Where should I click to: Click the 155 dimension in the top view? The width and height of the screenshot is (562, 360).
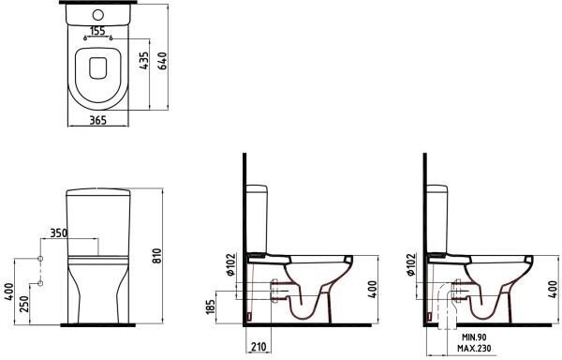(97, 31)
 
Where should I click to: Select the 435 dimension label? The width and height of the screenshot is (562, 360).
(143, 61)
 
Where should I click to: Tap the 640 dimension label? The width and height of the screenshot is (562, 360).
(162, 61)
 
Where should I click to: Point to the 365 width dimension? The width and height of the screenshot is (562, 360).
(97, 120)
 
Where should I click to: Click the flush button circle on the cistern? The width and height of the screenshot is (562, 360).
(97, 15)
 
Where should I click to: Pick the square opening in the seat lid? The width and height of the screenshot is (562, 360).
(97, 68)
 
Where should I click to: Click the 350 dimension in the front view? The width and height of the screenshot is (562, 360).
(58, 233)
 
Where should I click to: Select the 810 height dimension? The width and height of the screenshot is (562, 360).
(157, 256)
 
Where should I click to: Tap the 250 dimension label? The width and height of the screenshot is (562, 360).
(24, 304)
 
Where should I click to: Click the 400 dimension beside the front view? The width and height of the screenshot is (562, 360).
(8, 292)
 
